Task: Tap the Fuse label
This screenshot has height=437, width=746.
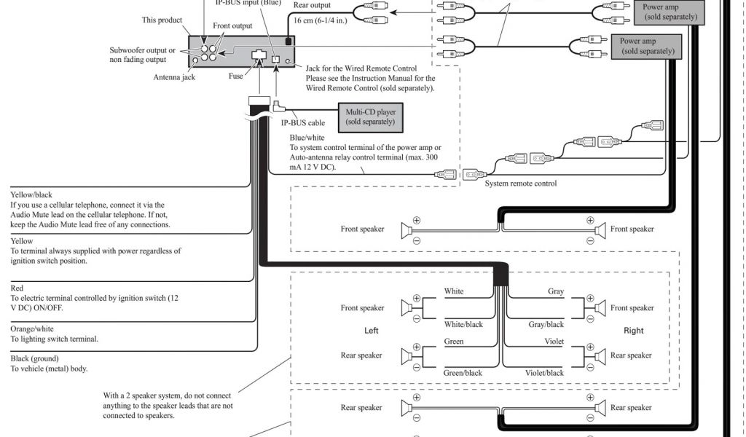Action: (x=236, y=75)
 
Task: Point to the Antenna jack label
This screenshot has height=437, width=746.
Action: (x=173, y=77)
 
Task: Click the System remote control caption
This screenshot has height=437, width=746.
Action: (x=521, y=184)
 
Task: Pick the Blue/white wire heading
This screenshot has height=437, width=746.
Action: (x=307, y=137)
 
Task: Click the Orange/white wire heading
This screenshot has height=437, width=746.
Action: (x=32, y=328)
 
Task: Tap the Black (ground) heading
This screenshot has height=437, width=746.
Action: (x=35, y=358)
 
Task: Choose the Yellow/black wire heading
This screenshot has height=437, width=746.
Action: (x=31, y=195)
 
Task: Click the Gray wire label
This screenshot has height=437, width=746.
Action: (x=556, y=291)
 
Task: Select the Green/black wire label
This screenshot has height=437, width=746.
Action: (x=463, y=373)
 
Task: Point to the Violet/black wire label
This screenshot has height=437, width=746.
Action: (x=545, y=373)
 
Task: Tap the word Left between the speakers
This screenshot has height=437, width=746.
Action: (x=372, y=331)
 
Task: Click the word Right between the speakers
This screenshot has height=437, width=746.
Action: (x=634, y=331)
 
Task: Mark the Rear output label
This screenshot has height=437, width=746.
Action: (x=311, y=5)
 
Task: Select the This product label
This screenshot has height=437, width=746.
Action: (x=162, y=20)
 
